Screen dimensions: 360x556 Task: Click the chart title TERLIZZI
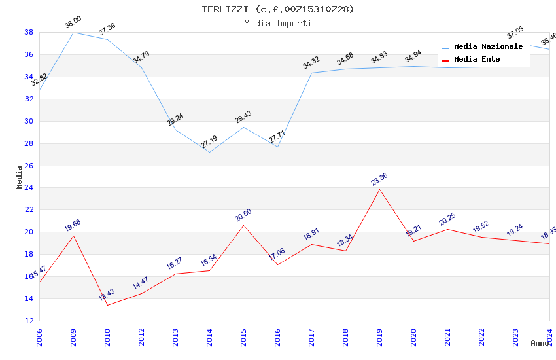(278, 9)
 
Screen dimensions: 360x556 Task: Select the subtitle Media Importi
(278, 23)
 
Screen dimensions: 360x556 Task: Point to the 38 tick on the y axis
(29, 32)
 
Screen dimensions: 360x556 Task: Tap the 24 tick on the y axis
(29, 188)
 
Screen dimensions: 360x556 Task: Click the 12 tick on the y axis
(29, 321)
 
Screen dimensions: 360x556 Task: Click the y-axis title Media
(20, 177)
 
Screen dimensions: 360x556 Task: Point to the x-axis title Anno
(540, 343)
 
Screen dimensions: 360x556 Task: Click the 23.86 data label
(379, 180)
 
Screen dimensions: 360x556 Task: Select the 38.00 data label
(73, 23)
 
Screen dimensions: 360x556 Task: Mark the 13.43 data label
(107, 295)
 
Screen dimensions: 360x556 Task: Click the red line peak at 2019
(379, 189)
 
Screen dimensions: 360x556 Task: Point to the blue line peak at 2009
(73, 32)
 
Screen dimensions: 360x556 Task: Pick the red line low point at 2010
(107, 305)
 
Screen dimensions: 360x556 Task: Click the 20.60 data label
(243, 215)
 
